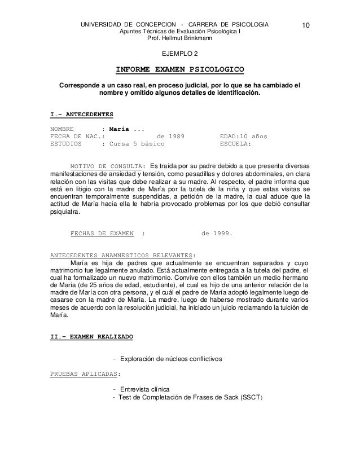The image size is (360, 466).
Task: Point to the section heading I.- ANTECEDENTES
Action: point(82,115)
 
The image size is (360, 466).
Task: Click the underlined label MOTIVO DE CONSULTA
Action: point(106,167)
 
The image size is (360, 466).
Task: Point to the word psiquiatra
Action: point(65,213)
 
